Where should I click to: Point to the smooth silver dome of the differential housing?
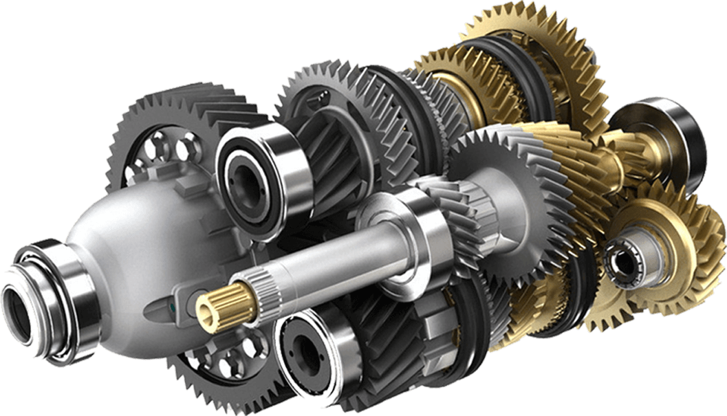click(124, 227)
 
